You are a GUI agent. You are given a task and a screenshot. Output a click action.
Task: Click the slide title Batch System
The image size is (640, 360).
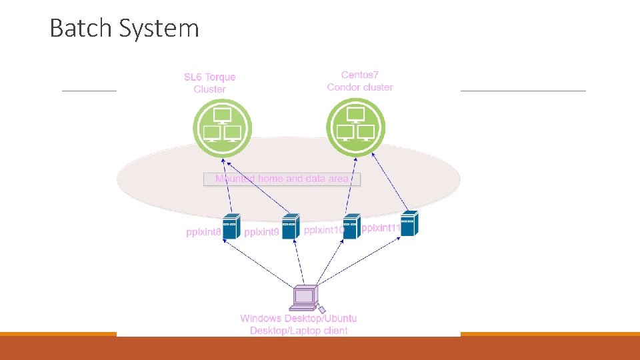click(124, 29)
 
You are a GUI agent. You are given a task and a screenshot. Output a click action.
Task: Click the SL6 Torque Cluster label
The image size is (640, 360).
click(209, 83)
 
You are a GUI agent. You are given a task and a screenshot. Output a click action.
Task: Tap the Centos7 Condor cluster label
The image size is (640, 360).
click(360, 81)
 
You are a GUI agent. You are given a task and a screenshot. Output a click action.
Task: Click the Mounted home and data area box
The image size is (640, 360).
click(282, 179)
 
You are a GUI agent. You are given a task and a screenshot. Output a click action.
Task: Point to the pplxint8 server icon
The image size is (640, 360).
click(231, 227)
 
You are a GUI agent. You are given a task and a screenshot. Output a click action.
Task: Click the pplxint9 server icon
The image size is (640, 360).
click(290, 227)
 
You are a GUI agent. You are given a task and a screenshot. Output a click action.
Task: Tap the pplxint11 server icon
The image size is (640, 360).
click(409, 223)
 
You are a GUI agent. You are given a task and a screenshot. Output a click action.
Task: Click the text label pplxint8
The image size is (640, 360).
click(203, 233)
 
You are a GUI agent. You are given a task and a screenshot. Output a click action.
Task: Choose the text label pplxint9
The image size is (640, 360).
click(262, 233)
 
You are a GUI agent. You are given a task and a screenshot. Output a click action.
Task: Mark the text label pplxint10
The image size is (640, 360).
click(323, 230)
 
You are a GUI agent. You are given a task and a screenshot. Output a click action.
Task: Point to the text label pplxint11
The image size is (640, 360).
click(380, 228)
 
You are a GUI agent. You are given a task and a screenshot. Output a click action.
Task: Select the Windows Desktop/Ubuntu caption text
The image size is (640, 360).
click(299, 319)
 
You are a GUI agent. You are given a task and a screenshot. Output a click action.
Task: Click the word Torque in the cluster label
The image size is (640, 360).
click(220, 77)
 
